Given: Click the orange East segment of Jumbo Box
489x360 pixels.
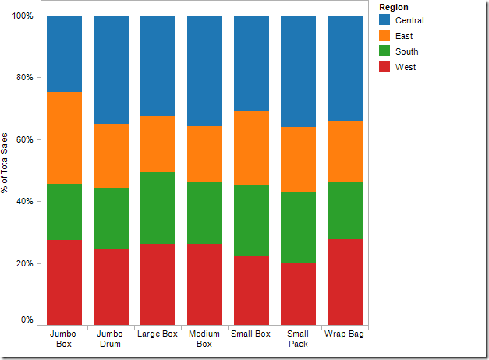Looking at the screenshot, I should pos(64,138).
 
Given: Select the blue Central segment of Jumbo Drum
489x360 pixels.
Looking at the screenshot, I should pos(111,69).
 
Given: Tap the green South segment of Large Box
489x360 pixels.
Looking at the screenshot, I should pos(158,208).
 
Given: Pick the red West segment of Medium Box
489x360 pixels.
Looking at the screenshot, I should pos(204,284).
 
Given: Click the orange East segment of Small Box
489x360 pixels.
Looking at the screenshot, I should pos(251,148).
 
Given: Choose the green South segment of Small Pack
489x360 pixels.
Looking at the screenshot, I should pos(298,228).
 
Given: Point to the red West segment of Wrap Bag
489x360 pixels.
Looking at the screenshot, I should pos(345,282).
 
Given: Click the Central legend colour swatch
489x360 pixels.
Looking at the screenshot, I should pos(384,20).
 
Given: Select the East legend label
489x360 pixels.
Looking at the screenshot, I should pos(404,36).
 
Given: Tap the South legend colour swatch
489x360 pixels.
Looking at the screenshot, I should pos(384,51).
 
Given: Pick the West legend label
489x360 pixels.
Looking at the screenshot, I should pos(406,67).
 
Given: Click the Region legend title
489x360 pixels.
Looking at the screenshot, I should pos(393,7).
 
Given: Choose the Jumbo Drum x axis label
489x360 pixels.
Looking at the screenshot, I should pos(111,339).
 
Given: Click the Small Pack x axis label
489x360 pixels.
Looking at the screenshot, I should pos(298,339).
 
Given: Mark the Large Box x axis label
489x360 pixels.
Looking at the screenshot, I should pos(158,334).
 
